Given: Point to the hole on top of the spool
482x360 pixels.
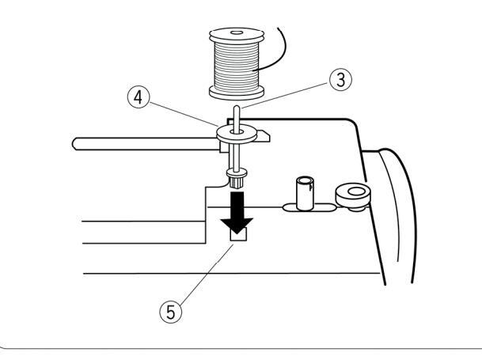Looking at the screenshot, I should [x=235, y=33].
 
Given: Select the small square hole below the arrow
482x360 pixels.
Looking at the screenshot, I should [x=236, y=235].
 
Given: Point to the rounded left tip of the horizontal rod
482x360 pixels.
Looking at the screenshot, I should [x=75, y=143].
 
